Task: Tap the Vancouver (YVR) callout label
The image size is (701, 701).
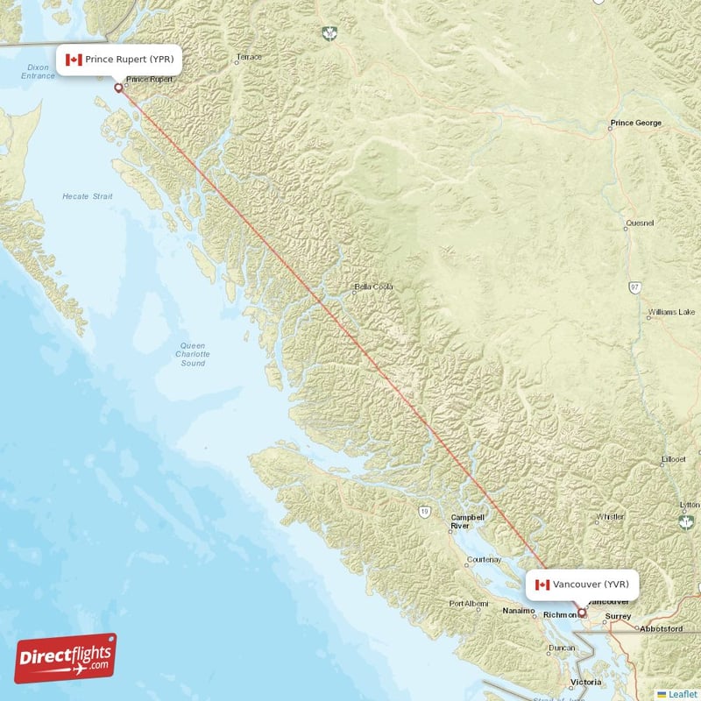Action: point(583,584)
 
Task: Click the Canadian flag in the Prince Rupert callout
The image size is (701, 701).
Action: point(74,60)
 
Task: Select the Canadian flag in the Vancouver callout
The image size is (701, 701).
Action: point(542,584)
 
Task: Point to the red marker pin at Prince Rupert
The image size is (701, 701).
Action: point(118,87)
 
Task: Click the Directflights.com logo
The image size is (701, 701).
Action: point(66,658)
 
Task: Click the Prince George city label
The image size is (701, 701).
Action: point(637,124)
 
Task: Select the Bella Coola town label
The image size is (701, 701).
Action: point(373,287)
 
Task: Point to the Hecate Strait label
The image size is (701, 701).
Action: point(88,197)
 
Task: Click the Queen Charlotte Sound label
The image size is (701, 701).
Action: point(193,354)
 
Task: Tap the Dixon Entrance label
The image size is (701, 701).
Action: point(38,72)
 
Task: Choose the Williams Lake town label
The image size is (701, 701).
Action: point(672,312)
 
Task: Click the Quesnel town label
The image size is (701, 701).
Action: point(640,223)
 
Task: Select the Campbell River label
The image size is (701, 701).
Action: point(467,522)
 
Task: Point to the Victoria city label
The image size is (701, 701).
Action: point(586,682)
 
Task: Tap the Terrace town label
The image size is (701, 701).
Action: point(249,58)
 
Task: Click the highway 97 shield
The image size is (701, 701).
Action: point(634,287)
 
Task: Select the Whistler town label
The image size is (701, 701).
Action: point(610,517)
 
